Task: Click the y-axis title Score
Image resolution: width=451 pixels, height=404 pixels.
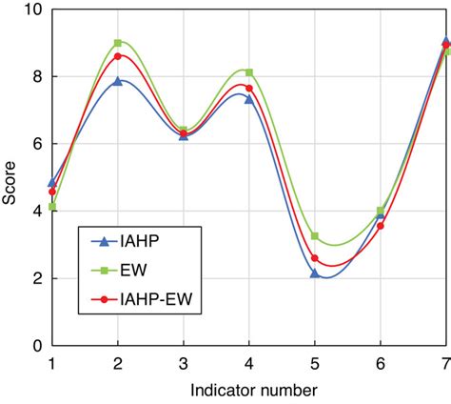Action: pyautogui.click(x=10, y=177)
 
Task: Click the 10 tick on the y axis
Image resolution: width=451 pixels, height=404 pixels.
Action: pyautogui.click(x=30, y=10)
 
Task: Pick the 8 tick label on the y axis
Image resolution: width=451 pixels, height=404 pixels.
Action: pyautogui.click(x=35, y=76)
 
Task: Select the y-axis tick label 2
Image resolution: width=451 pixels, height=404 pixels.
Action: pyautogui.click(x=35, y=278)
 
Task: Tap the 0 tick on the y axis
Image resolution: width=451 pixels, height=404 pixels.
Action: pyautogui.click(x=35, y=346)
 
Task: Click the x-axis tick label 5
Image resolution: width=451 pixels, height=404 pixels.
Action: pyautogui.click(x=315, y=363)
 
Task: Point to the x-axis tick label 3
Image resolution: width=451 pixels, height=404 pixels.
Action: pyautogui.click(x=183, y=363)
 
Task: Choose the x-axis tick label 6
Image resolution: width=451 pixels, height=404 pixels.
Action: pyautogui.click(x=381, y=363)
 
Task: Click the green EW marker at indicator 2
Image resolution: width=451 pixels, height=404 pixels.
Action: pyautogui.click(x=118, y=43)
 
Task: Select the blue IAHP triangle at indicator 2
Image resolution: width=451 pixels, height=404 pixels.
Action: pyautogui.click(x=118, y=81)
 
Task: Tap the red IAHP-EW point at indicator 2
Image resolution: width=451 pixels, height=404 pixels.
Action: pyautogui.click(x=118, y=56)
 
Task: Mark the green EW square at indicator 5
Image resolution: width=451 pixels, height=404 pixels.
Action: pyautogui.click(x=315, y=235)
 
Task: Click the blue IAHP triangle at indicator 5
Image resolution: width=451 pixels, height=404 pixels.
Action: pyautogui.click(x=315, y=273)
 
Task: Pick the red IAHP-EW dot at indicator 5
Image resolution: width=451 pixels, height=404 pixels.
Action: pyautogui.click(x=315, y=258)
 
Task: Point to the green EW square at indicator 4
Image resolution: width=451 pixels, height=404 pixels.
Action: pyautogui.click(x=249, y=72)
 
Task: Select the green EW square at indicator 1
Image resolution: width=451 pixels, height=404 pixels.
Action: pyautogui.click(x=52, y=207)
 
